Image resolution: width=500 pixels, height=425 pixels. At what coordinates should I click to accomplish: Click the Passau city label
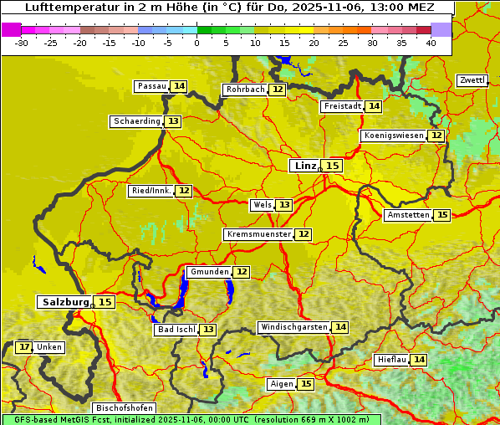(151, 86)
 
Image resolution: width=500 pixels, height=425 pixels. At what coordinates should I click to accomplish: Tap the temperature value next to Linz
(333, 166)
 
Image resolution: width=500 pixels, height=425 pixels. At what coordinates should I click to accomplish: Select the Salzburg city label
(64, 302)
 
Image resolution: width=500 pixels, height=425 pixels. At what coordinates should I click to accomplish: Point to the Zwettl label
(472, 80)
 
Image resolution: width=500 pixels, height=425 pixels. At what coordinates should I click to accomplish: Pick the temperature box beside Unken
(24, 347)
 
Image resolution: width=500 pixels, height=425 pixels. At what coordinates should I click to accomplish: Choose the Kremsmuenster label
(258, 234)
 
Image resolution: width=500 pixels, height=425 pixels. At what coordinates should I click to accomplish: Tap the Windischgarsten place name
(293, 327)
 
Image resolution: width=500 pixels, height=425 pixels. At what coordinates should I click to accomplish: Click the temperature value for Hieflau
(419, 360)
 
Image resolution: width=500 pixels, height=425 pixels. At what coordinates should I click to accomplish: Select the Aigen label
(281, 384)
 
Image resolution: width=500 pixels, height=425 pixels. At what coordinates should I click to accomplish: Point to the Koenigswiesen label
(394, 136)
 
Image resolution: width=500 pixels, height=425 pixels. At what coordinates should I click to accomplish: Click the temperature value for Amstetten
(442, 215)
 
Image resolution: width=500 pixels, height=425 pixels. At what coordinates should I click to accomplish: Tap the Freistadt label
(342, 106)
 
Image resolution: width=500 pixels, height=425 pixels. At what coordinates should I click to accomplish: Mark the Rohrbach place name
(246, 90)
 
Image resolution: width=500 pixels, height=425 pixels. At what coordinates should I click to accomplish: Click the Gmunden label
(208, 272)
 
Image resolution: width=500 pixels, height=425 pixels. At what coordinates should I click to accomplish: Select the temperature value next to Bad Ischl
(207, 330)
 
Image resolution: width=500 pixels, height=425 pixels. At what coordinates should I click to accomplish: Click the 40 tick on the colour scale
(431, 42)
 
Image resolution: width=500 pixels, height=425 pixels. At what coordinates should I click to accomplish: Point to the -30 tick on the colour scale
(22, 42)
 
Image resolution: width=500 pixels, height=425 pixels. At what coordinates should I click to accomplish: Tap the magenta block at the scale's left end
(12, 29)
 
